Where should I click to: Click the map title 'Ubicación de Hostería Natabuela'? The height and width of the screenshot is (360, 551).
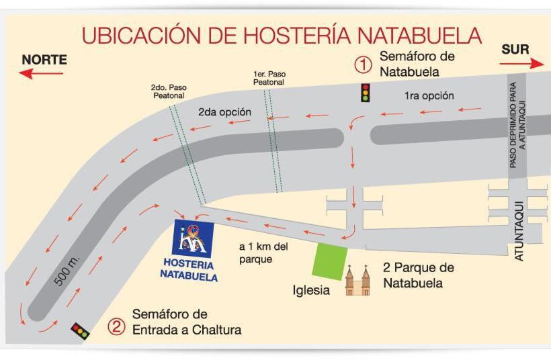pyautogui.click(x=282, y=34)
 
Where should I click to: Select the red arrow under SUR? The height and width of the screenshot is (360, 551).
pyautogui.click(x=521, y=63)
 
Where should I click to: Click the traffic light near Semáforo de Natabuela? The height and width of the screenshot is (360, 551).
pyautogui.click(x=366, y=93)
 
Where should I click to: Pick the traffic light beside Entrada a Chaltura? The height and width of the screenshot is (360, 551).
pyautogui.click(x=81, y=330)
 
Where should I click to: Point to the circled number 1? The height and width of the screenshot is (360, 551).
pyautogui.click(x=363, y=64)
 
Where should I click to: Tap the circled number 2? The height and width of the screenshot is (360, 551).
pyautogui.click(x=117, y=327)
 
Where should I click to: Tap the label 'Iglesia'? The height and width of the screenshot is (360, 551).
pyautogui.click(x=311, y=291)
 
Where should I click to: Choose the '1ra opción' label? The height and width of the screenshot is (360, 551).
pyautogui.click(x=429, y=95)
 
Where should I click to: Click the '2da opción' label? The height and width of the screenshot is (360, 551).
pyautogui.click(x=224, y=112)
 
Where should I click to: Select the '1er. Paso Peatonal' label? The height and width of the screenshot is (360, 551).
pyautogui.click(x=268, y=77)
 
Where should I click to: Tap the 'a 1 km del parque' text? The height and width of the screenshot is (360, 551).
pyautogui.click(x=263, y=253)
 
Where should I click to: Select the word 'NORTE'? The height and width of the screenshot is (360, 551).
pyautogui.click(x=44, y=59)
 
